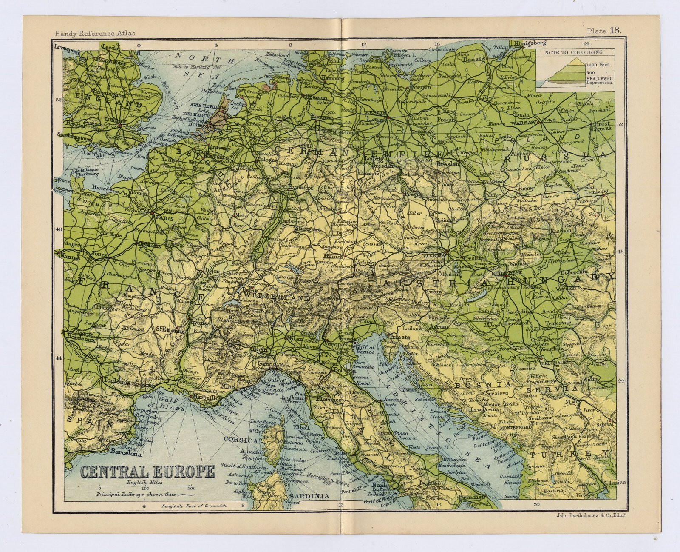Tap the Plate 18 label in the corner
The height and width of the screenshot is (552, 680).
pos(604,30)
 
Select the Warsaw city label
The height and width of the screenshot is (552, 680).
pos(513,123)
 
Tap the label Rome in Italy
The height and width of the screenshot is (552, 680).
pos(344,454)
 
